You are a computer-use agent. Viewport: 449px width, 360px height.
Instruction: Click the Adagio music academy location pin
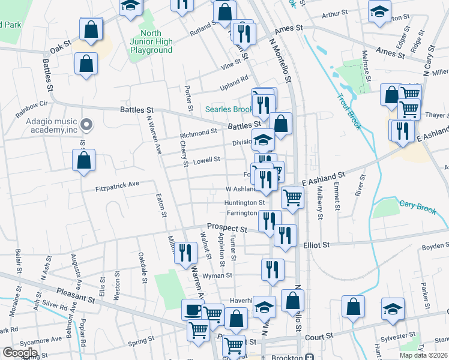click(x=86, y=125)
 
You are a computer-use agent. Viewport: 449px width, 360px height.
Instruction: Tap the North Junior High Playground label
click(x=151, y=41)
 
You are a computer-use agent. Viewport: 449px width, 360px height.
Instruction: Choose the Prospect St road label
click(x=227, y=229)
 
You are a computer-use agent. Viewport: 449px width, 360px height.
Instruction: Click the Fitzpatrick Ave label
click(x=117, y=188)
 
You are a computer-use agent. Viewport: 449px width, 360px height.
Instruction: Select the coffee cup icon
click(x=192, y=310)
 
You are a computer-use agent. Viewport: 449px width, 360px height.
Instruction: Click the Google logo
click(x=20, y=353)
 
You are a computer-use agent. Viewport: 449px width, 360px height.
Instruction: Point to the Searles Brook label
click(x=229, y=109)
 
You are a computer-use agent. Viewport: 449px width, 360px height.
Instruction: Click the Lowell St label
click(x=206, y=160)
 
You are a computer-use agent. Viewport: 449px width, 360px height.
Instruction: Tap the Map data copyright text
click(x=423, y=355)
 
